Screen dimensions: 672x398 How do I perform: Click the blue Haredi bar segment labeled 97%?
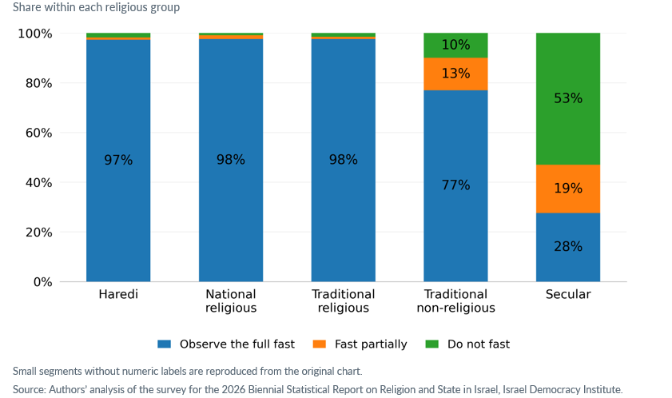pos(118,161)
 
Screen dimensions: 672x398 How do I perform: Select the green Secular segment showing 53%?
pos(568,98)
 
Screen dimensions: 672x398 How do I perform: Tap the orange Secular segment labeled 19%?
pos(568,189)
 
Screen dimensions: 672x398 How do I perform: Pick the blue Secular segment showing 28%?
pos(568,247)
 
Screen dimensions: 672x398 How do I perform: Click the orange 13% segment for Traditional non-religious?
pos(455,74)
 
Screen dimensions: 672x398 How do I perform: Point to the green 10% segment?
pos(455,46)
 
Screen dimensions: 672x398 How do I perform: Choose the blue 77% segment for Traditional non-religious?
pos(455,185)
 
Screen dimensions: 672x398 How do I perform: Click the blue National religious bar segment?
pos(231,161)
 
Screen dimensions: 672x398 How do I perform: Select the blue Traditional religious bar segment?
pos(344,161)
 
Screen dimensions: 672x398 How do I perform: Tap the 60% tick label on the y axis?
pos(38,133)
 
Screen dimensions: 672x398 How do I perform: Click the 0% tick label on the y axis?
pos(42,282)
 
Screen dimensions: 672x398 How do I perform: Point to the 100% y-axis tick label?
pos(34,34)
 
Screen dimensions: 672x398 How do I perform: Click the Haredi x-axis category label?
pos(118,294)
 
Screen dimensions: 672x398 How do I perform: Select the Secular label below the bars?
pos(568,294)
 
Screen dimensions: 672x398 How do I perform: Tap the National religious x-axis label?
pos(231,301)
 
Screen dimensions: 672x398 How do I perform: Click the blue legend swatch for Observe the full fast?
pos(164,344)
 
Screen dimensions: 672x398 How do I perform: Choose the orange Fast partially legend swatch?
pos(320,344)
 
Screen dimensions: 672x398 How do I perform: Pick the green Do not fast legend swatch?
pos(432,344)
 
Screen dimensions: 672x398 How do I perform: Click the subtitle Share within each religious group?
pos(96,7)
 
